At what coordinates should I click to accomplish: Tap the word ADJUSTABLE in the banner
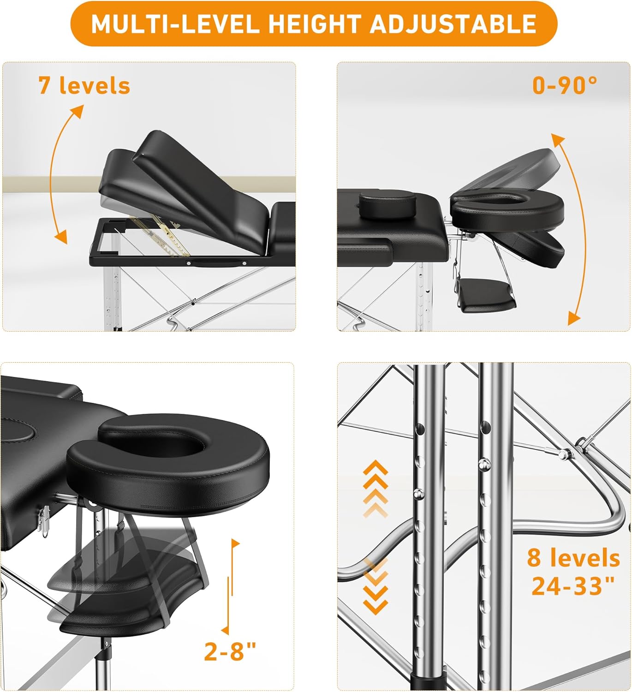click(x=453, y=24)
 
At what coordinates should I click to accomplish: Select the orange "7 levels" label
click(x=84, y=85)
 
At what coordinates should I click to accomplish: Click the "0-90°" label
click(x=564, y=85)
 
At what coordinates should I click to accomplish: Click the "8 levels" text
click(x=573, y=558)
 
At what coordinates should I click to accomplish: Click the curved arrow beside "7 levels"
click(x=56, y=173)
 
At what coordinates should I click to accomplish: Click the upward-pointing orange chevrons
click(x=376, y=489)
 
